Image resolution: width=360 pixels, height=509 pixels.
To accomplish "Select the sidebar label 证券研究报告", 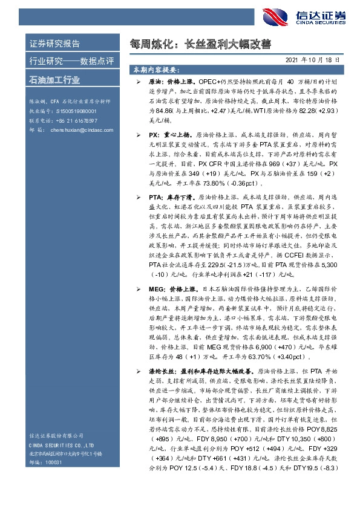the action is [x=54, y=44].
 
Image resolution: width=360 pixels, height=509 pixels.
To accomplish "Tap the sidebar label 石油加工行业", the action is [x=54, y=80].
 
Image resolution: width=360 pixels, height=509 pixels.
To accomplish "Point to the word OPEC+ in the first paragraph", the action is [x=210, y=80].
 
